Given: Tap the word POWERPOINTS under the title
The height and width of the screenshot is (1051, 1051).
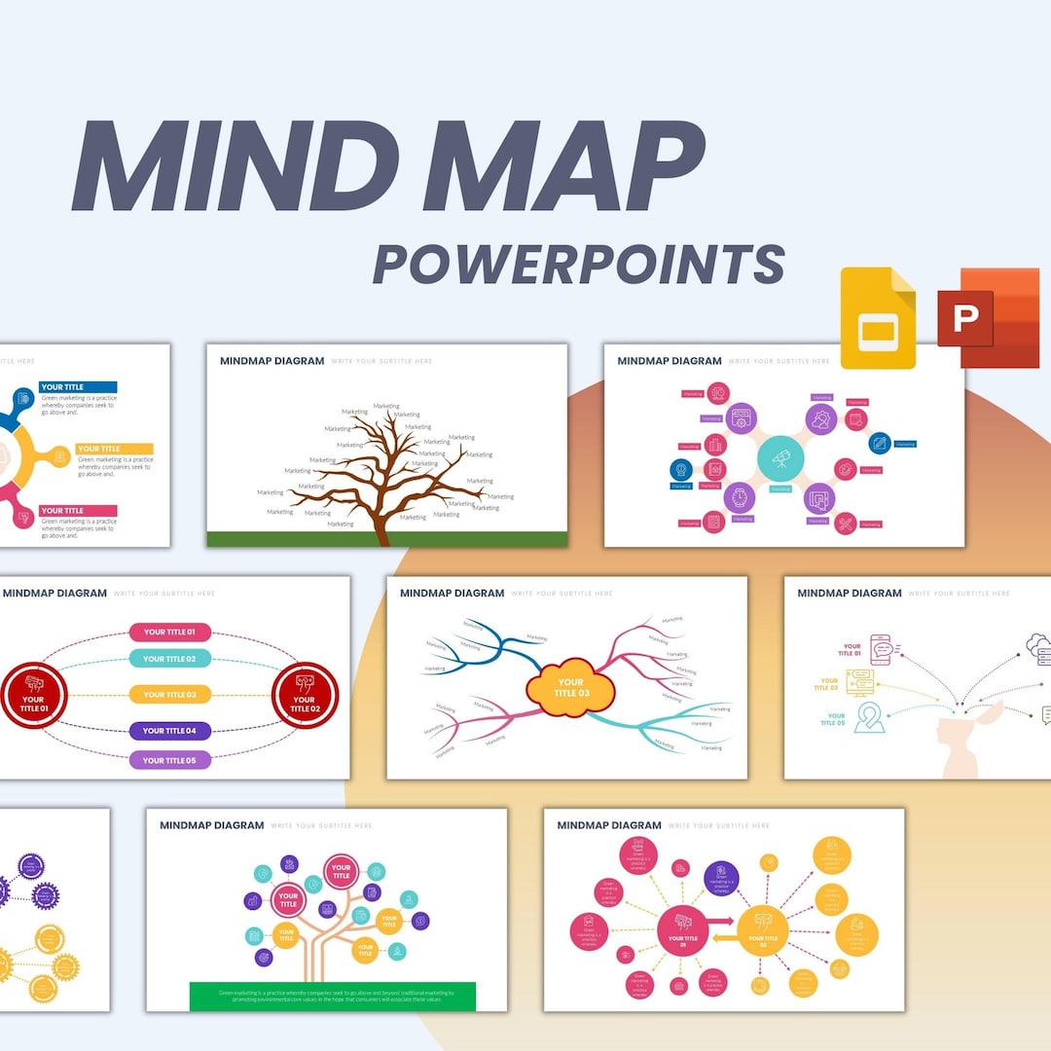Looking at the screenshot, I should click(579, 263).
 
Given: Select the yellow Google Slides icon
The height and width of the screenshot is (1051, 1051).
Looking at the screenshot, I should click(878, 318).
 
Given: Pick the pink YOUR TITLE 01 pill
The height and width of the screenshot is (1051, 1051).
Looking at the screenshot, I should click(169, 632).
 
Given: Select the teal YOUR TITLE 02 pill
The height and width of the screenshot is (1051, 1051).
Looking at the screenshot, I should click(169, 659).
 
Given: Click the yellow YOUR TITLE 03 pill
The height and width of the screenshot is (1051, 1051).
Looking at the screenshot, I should click(169, 694).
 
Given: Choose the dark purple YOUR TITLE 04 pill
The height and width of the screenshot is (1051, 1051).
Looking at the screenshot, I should click(169, 730).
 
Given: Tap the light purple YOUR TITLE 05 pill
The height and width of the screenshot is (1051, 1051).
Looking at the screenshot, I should click(169, 760).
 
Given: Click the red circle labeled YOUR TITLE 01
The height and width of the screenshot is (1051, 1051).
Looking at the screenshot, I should click(33, 695).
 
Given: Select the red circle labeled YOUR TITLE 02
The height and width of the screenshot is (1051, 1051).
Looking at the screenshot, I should click(305, 695).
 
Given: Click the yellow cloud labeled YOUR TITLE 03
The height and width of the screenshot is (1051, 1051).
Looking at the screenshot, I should click(570, 688).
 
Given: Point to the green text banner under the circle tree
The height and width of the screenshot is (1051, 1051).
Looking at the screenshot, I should click(332, 996).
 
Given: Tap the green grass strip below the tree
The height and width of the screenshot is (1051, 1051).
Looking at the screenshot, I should click(386, 539).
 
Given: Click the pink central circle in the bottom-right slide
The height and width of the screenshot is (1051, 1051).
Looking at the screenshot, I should click(682, 930).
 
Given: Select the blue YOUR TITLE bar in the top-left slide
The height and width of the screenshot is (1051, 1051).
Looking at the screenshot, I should click(78, 387).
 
